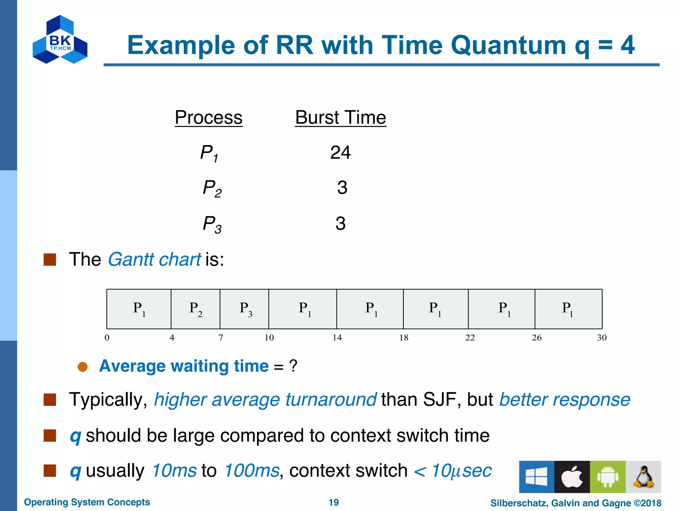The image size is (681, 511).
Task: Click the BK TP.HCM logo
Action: [60, 40]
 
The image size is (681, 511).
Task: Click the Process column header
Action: [208, 117]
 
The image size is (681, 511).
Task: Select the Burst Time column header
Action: [340, 117]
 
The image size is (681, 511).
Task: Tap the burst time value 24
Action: [340, 153]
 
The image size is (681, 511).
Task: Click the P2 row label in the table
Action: [212, 188]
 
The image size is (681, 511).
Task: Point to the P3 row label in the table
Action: [212, 224]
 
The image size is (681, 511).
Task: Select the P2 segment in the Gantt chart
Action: [196, 309]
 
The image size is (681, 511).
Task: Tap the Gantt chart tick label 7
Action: [220, 338]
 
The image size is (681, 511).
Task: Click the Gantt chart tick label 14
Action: [337, 338]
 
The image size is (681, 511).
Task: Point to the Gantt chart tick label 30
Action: [602, 338]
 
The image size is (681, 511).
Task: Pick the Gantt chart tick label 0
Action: [107, 338]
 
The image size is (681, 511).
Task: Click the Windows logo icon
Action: [536, 477]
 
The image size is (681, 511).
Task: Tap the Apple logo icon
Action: [572, 477]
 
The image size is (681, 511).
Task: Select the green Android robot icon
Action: [608, 477]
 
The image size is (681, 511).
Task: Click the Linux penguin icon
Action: [643, 477]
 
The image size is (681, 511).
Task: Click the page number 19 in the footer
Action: [334, 502]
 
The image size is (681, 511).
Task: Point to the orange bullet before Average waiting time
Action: [82, 367]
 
